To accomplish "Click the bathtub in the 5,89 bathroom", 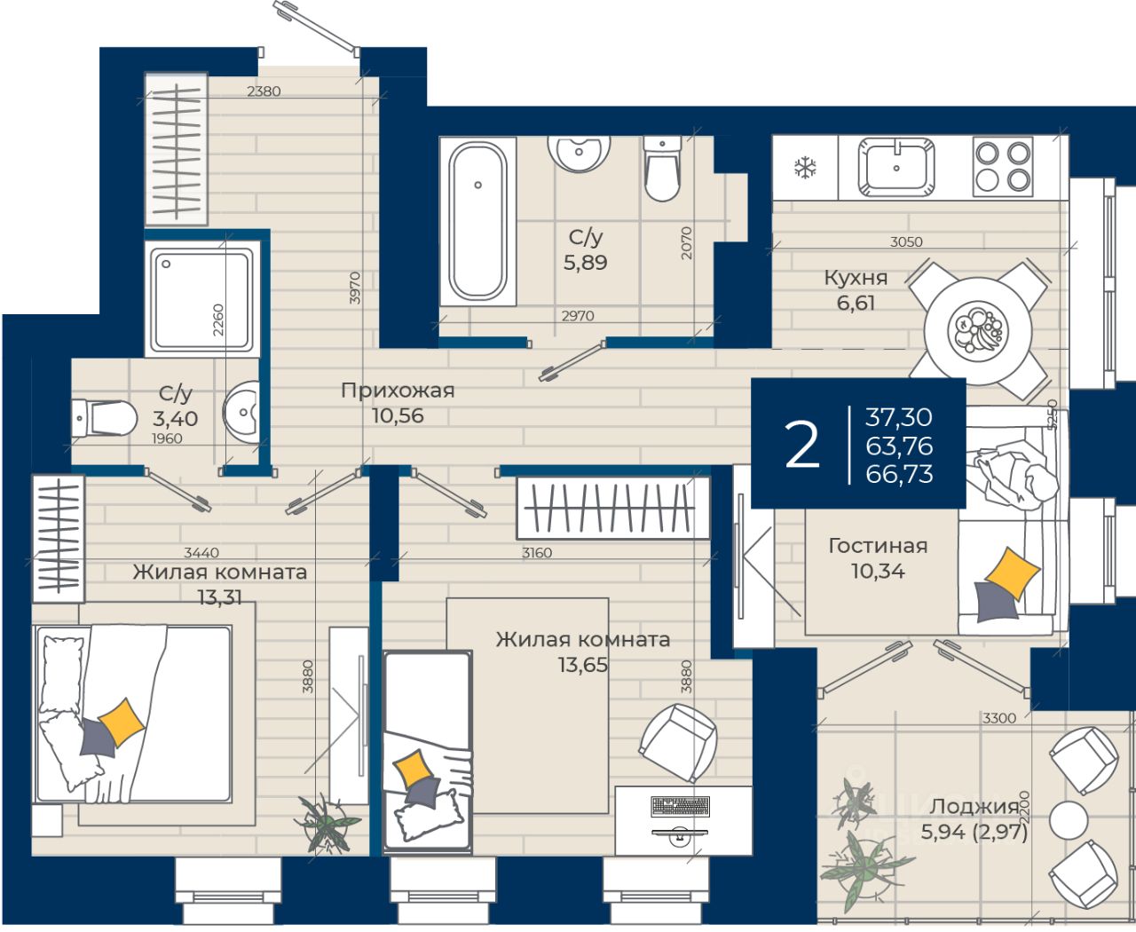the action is coord(477,221).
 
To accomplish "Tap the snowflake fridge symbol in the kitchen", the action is coord(805,168).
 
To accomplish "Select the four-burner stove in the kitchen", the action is coord(1003,166).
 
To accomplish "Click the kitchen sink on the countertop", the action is coord(896,168).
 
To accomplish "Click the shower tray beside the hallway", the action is coord(202,299).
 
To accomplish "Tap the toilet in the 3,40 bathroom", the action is coord(104,418).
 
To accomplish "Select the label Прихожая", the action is coord(398,390).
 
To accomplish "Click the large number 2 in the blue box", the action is coord(801,445).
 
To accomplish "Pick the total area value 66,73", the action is coord(899,473).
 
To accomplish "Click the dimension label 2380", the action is coord(264,91).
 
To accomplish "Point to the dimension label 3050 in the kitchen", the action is coord(906,242).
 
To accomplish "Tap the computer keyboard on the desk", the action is coord(681,807).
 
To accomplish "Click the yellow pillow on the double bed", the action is coord(122,723).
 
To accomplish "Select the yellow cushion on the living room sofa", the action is coord(1012,573).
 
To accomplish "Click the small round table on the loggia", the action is coord(1069,819).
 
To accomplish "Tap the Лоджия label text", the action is coord(974,807).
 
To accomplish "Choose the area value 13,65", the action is coord(582,664).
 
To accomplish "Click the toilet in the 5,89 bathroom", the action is coord(662,168).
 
